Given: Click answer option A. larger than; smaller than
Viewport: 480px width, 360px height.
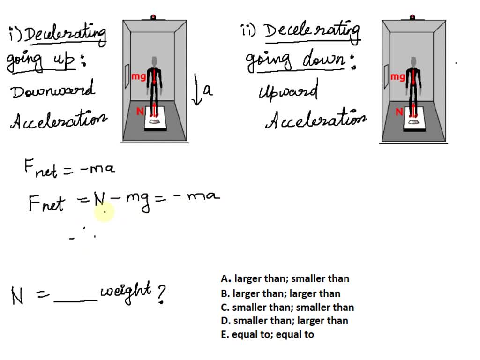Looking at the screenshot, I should (285, 278).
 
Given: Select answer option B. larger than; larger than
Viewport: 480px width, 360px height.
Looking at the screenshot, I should (280, 293).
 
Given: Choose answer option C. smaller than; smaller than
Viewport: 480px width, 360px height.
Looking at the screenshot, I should (287, 307).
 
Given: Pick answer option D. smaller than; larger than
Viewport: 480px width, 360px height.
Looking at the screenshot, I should (285, 321).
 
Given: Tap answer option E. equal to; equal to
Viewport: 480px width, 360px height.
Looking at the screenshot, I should (268, 335).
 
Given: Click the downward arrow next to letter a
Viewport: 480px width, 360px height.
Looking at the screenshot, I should (197, 89).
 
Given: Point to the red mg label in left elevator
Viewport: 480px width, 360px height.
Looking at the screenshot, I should (139, 76).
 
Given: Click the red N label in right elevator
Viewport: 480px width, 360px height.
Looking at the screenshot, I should (399, 112).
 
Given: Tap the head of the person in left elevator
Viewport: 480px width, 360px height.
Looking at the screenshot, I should (155, 62).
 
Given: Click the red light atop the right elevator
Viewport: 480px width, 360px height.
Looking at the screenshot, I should (412, 17).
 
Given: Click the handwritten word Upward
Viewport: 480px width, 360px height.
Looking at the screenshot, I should (288, 90).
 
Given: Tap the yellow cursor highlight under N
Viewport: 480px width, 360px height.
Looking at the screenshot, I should (104, 213).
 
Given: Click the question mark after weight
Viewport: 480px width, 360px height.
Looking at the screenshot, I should (161, 294).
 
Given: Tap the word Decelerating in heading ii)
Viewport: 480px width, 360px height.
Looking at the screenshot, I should (312, 32).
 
